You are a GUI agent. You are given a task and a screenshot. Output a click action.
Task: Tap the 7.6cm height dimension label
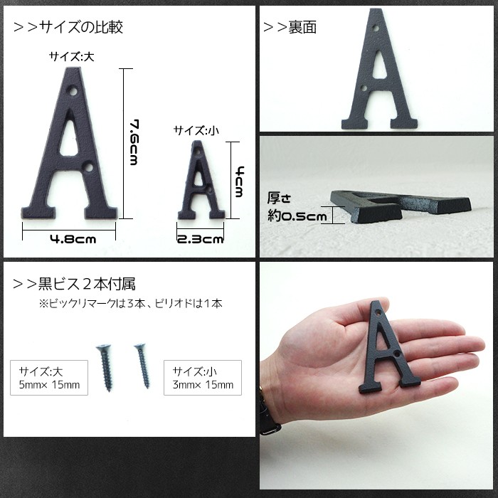coord(133,142)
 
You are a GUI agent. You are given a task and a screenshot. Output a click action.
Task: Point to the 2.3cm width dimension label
coord(200,240)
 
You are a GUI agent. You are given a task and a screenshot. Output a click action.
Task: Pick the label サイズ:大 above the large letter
coord(71,56)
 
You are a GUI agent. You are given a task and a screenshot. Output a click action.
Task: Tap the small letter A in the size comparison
coord(200,184)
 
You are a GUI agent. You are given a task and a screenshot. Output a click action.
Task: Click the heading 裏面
coord(290,28)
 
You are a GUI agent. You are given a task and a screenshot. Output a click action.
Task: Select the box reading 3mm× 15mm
coord(202,378)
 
